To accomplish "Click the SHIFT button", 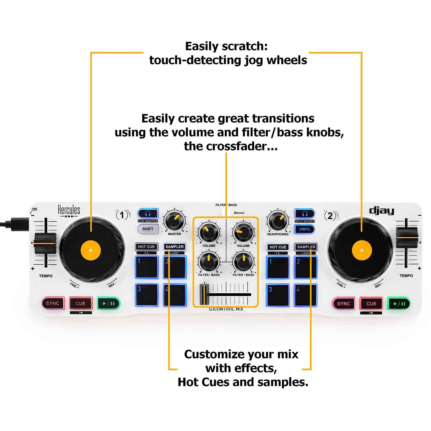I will click(x=148, y=229).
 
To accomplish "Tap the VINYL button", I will click(x=305, y=229).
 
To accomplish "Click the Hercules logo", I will click(x=69, y=211).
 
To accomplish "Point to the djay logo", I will click(x=381, y=211).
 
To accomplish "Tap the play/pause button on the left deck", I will click(x=108, y=303).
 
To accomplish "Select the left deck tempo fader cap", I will click(x=45, y=243).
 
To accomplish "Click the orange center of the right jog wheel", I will click(x=361, y=250).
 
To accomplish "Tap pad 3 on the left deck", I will click(x=147, y=295).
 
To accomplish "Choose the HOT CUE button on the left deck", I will click(x=146, y=247).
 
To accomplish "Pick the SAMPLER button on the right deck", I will click(x=306, y=247).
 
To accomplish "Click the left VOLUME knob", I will click(x=209, y=232).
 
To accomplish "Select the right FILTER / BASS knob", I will click(x=243, y=261).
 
